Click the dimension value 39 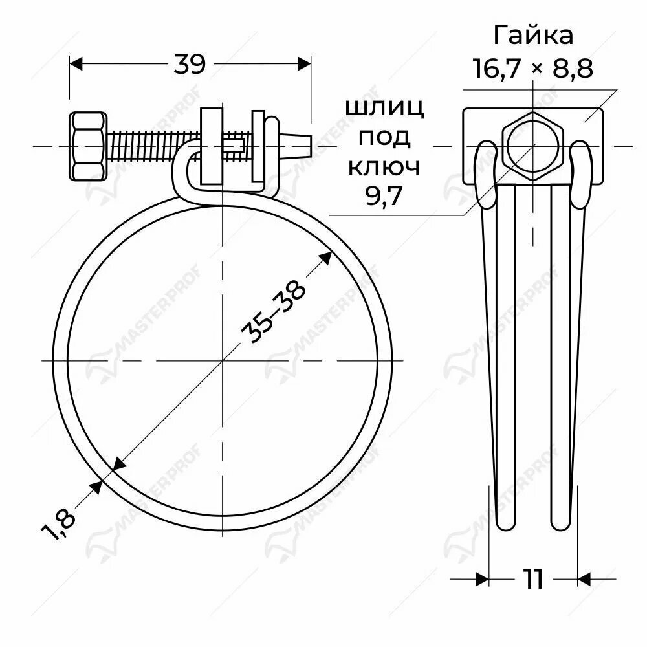[x=190, y=64]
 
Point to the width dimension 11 [x=532, y=579]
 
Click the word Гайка [x=533, y=35]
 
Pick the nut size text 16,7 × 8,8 [x=533, y=67]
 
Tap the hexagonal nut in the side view [x=534, y=144]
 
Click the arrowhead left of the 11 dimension [x=481, y=579]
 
